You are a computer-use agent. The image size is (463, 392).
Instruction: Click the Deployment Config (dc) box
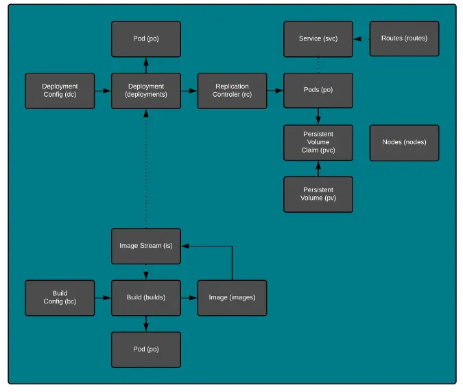[60, 91]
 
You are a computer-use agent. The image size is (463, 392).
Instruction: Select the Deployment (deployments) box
[146, 91]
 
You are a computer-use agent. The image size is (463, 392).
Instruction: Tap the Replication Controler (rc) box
[232, 91]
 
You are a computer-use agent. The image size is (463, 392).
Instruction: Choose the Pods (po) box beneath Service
[318, 91]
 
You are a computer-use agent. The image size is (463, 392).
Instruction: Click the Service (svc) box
[318, 38]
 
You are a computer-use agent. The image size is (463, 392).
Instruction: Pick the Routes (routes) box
[404, 38]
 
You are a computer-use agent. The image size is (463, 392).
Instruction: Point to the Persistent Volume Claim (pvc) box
[318, 142]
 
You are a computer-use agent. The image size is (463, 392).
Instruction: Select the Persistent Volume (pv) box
[318, 194]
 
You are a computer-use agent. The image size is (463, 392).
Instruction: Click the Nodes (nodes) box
[404, 142]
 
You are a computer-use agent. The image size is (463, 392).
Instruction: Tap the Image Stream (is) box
[146, 246]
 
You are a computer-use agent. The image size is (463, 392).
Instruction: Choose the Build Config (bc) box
[60, 297]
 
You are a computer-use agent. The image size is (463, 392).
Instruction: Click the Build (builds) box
[146, 297]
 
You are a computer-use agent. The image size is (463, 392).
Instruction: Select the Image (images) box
[232, 297]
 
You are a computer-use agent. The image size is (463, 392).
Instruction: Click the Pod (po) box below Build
[146, 349]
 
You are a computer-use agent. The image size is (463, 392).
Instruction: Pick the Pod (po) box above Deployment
[146, 38]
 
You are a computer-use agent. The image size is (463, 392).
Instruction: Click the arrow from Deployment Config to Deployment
[103, 91]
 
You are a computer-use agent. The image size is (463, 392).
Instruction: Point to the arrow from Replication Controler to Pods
[275, 91]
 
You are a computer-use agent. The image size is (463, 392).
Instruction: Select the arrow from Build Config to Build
[103, 297]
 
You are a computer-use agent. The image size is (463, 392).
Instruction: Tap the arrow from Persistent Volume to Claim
[318, 168]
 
